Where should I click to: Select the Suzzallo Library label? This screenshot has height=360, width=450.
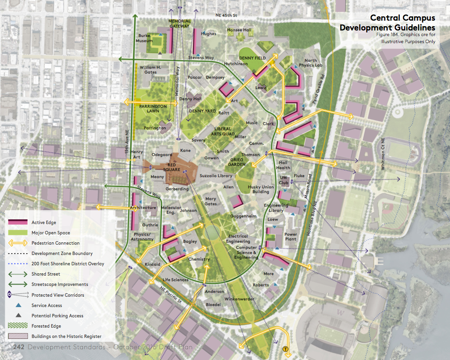(216, 176)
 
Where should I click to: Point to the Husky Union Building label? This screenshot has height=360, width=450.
(261, 189)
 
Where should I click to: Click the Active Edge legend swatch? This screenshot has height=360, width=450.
(18, 222)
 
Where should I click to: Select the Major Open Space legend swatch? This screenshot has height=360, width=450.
(18, 232)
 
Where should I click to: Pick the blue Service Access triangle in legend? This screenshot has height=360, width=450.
(18, 305)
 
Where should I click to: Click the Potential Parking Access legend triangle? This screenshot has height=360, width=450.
(18, 315)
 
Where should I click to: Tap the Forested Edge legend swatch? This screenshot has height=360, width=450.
(18, 326)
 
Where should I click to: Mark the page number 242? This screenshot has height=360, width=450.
(19, 347)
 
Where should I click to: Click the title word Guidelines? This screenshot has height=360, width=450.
(412, 28)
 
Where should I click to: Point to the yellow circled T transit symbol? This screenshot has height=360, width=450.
(285, 349)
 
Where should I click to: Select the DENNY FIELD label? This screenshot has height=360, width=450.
(253, 58)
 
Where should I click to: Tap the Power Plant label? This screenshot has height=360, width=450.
(291, 237)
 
